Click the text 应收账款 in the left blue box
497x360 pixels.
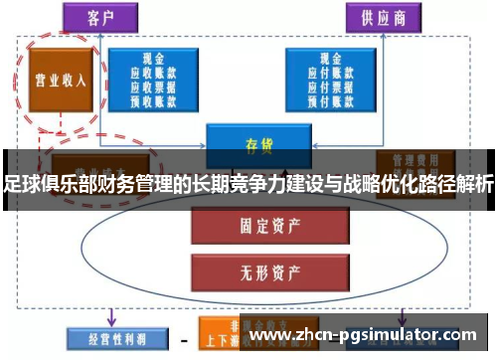(x=153, y=73)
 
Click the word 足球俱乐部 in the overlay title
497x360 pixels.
(x=45, y=183)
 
